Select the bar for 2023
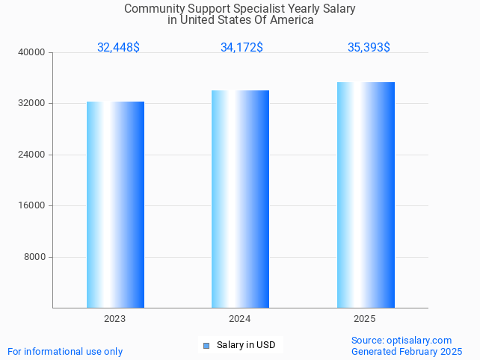coord(115,205)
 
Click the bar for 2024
coord(240,199)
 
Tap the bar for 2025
coord(366,195)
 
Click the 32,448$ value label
coord(118,48)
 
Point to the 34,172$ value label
coord(241,48)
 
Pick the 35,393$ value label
coord(369,48)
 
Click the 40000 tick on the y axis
coord(33,52)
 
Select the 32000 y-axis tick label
coord(33,104)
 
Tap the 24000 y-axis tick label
coord(33,155)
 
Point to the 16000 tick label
coord(33,206)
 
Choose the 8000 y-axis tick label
coord(35,257)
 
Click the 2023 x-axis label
coord(114,319)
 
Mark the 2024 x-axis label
coord(239,319)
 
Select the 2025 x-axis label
coord(364,319)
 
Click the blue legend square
coord(206,345)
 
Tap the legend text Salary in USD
coord(246,345)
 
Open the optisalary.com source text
coord(401,341)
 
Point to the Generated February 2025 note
coord(407,352)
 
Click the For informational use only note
coord(65,352)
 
